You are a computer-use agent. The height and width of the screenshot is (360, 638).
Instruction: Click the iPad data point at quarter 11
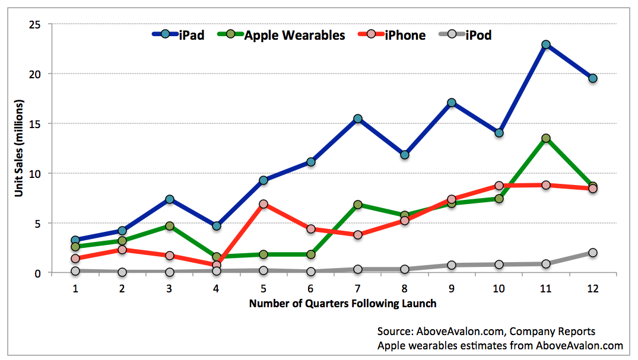[546, 44]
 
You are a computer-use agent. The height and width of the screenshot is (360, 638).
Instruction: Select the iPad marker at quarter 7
[358, 119]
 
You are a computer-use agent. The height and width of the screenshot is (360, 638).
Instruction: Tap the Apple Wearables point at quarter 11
[546, 138]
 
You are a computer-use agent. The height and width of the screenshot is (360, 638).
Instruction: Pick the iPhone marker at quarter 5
[264, 204]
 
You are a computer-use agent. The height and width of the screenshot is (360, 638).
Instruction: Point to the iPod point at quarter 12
[593, 253]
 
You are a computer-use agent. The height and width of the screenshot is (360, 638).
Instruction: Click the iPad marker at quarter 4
[217, 226]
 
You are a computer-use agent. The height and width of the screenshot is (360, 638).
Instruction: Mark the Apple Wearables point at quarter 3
[169, 226]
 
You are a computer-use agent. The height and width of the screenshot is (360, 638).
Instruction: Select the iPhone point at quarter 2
[122, 249]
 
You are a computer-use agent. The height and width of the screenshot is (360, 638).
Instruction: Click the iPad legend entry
[178, 35]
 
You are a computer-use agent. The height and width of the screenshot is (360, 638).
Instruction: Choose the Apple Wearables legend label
[294, 36]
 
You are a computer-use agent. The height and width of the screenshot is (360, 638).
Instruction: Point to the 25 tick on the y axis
[35, 24]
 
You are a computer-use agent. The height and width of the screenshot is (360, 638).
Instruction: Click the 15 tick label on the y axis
[35, 124]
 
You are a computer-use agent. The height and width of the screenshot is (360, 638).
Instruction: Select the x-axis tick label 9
[451, 288]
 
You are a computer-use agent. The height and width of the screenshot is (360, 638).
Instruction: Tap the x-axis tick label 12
[593, 288]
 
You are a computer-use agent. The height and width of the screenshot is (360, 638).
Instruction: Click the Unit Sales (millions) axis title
[19, 148]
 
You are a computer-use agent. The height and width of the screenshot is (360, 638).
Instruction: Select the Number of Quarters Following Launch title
[342, 304]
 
